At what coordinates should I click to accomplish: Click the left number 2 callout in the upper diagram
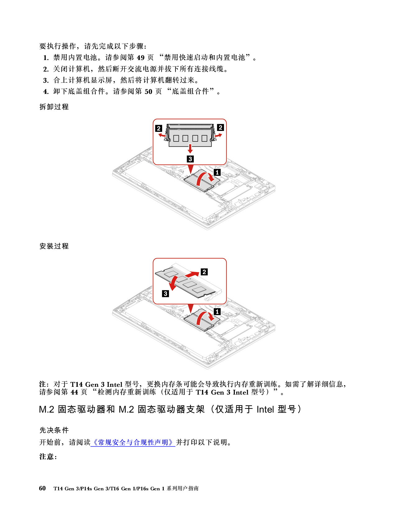click(159, 128)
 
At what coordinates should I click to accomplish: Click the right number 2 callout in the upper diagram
click(220, 127)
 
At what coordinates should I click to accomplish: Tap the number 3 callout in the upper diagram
click(190, 159)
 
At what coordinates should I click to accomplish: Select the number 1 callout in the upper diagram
click(217, 172)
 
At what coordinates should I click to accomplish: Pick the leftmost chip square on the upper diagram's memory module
click(176, 138)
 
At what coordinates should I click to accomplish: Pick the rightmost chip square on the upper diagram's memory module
click(204, 138)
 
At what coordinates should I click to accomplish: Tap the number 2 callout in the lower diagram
click(204, 272)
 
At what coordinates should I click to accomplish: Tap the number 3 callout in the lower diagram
click(165, 293)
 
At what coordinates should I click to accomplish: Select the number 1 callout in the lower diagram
click(217, 312)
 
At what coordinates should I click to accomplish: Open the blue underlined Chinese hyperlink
click(133, 442)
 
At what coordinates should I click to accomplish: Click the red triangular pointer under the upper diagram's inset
click(191, 169)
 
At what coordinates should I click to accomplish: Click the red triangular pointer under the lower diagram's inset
click(191, 308)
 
